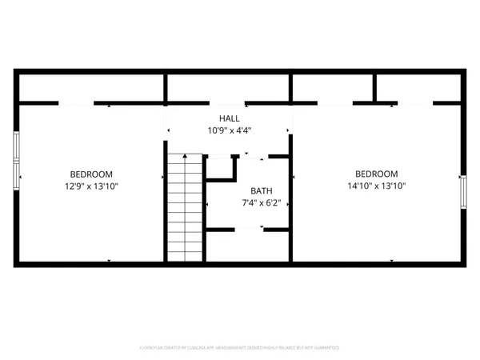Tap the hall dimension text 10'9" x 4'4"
point(230,130)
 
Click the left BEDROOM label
point(91,174)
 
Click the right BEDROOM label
point(376,174)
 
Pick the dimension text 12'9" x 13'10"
point(91,186)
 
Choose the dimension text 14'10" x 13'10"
point(376,186)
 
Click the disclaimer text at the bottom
point(240,348)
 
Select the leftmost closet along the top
point(90,88)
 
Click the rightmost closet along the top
point(418,88)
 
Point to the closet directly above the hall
point(228,88)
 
